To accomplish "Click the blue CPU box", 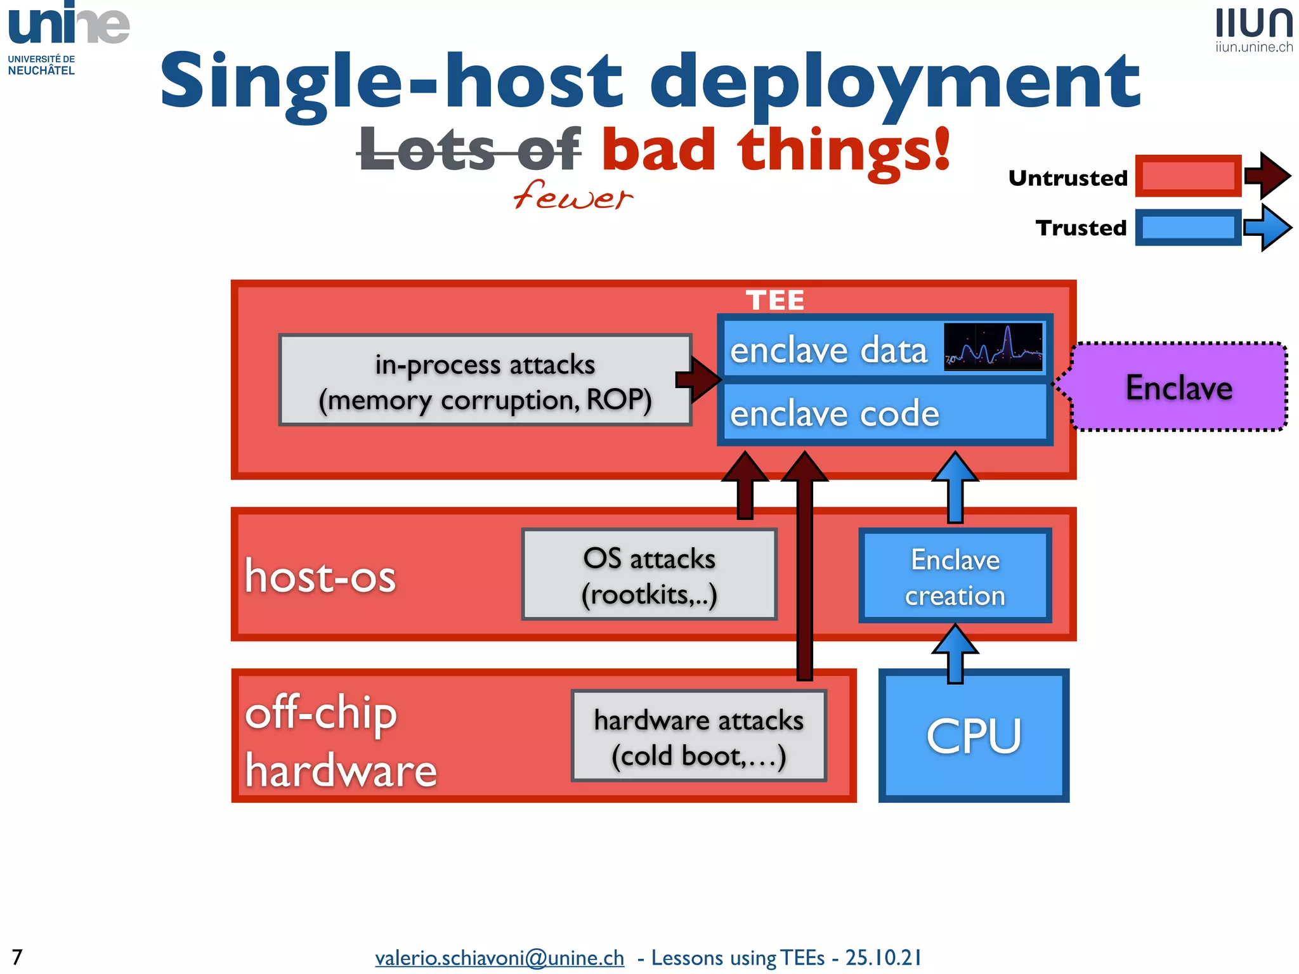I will (x=973, y=736).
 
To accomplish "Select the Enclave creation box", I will (x=955, y=576).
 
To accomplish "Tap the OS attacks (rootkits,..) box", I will (x=649, y=575).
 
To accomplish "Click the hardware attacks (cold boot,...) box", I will (x=698, y=736).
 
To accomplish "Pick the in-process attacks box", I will (x=485, y=380).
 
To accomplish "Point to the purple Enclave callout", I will (x=1178, y=387).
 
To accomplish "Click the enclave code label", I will (x=834, y=413).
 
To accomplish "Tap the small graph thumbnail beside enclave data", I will (x=993, y=346).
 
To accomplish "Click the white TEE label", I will (x=774, y=300).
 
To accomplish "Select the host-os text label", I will (x=320, y=576).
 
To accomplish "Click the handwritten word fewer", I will (x=572, y=195).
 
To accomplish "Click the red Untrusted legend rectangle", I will (x=1187, y=176).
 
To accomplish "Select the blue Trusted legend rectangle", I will (x=1187, y=227).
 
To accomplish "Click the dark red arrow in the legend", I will (x=1267, y=176).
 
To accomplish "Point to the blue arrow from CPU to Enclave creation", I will (x=955, y=653).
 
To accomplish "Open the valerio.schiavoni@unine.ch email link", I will (x=499, y=957).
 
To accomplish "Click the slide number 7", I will (x=17, y=956).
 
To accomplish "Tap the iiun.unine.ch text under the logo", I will (x=1253, y=47).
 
